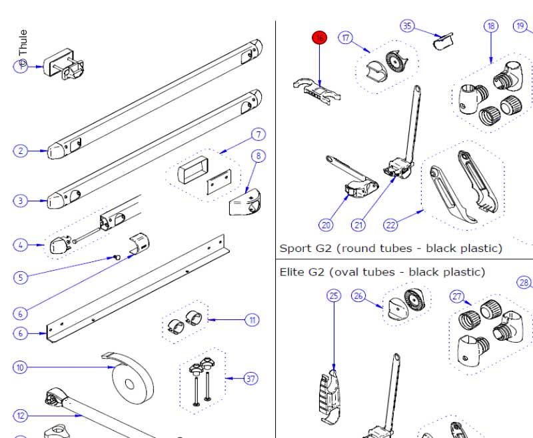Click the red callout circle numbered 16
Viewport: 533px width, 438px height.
point(320,38)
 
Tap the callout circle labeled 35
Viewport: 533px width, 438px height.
point(407,26)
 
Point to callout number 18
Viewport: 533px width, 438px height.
point(491,26)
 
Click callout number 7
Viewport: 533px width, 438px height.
point(258,135)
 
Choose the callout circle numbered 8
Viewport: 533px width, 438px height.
point(258,157)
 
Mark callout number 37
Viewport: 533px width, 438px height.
point(251,379)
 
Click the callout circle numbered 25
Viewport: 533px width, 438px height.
point(334,295)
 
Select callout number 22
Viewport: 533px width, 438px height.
point(390,225)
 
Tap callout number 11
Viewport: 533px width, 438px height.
point(253,321)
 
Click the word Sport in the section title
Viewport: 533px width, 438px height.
point(294,249)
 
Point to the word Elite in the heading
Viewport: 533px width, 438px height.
point(293,272)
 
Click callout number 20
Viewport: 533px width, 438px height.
point(326,225)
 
